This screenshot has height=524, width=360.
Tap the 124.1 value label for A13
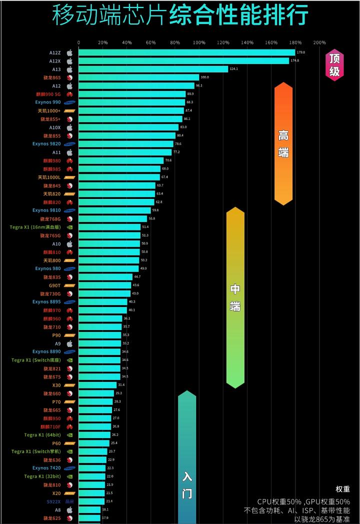coord(233,69)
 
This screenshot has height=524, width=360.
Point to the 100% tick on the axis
coord(199,42)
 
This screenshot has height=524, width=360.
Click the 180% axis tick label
coord(295,42)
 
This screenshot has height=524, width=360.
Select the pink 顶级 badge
coord(334,65)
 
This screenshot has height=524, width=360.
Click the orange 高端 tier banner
coord(283,143)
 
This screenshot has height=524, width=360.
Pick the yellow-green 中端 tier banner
coord(235,297)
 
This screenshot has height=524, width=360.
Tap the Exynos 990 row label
coord(48,102)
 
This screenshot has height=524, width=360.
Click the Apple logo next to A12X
coord(70,61)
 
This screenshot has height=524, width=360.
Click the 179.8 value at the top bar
coord(301,52)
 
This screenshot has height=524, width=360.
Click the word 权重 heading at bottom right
coord(342,489)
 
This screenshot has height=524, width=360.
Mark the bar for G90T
coord(104,285)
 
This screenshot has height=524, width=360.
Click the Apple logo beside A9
coord(70,343)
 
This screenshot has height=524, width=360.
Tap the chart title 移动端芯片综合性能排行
coord(180,16)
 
